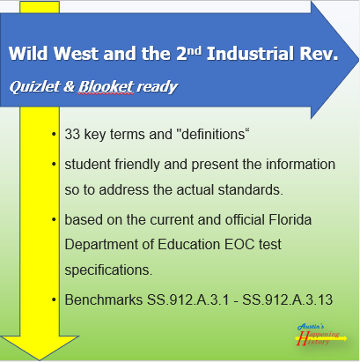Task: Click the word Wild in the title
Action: pos(28,54)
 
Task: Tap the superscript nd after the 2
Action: pos(194,50)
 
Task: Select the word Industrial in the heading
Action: pos(250,54)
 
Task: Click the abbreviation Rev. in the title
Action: pos(319,54)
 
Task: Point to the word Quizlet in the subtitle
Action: pos(34,86)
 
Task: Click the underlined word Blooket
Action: pos(106,86)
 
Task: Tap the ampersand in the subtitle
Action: pos(70,86)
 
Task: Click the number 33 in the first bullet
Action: pos(72,135)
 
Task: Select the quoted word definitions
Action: pos(213,134)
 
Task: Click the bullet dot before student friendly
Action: pos(54,164)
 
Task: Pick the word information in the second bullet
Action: pos(300,164)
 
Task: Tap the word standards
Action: pos(250,189)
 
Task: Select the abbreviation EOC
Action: pos(239,244)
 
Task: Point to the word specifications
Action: pos(108,270)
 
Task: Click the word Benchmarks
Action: pos(104,299)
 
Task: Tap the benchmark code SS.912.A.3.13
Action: pos(288,299)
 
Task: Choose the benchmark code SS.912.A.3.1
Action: pos(187,299)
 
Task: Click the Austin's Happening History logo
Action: pos(321,335)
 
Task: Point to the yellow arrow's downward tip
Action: pos(40,360)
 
